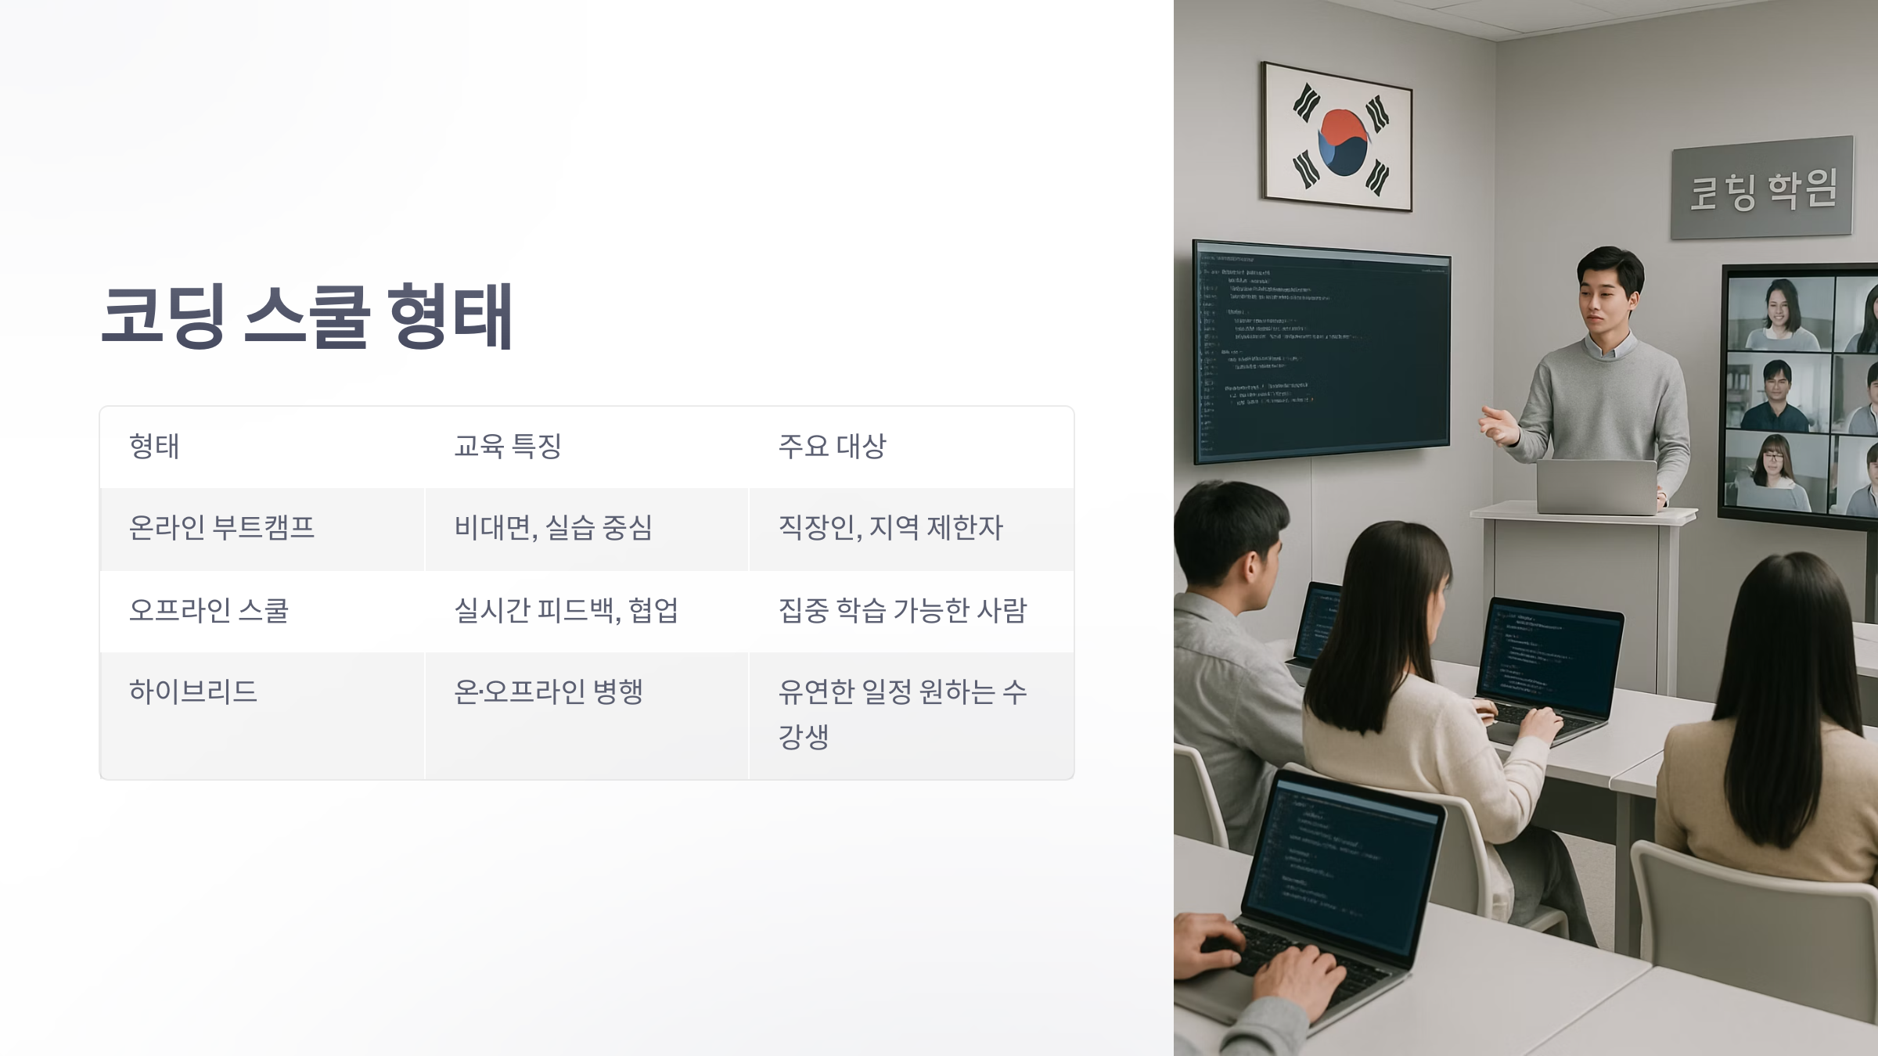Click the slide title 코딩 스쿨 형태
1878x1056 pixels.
click(307, 317)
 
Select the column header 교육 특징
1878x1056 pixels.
click(508, 447)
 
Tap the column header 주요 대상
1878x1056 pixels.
click(832, 447)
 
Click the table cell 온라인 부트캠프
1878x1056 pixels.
click(221, 528)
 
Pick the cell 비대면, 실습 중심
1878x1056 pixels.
click(553, 528)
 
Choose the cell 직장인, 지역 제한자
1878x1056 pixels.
click(890, 528)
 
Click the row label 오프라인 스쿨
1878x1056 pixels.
click(209, 610)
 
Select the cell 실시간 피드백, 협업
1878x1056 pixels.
click(566, 610)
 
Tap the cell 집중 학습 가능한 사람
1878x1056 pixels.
click(902, 610)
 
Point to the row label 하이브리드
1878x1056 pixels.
click(193, 691)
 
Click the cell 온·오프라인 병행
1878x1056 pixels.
click(548, 691)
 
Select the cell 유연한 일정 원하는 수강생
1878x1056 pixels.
click(902, 713)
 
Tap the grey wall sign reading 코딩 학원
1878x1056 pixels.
click(1762, 189)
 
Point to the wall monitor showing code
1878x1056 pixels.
click(1322, 352)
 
